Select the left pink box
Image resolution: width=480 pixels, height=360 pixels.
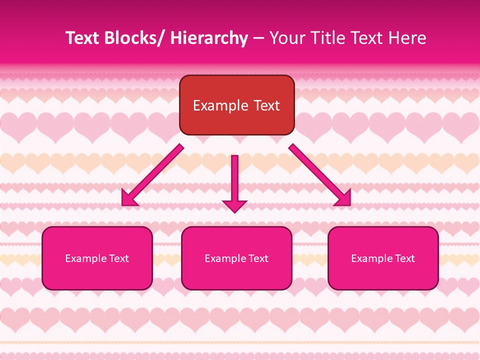tap(97, 258)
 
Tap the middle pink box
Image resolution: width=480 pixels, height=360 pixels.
tap(236, 258)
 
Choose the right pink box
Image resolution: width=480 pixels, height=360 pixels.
tap(383, 258)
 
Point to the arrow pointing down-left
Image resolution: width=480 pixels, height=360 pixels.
tap(152, 175)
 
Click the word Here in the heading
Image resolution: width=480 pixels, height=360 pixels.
tap(407, 38)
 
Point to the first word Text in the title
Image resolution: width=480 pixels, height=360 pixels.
tap(82, 38)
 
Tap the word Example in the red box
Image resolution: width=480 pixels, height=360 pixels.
tap(220, 106)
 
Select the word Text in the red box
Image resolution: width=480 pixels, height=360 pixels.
tap(266, 106)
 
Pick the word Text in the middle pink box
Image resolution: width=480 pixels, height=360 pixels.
tap(258, 258)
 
